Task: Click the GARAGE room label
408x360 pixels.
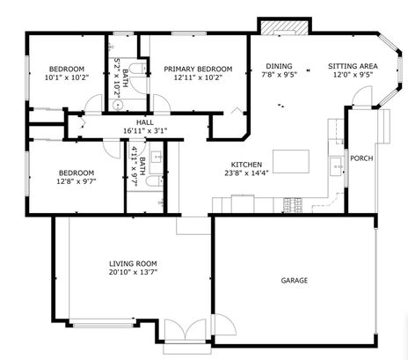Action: pos(294,281)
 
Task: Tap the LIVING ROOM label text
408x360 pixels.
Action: pos(133,263)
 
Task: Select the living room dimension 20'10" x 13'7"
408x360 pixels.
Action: pos(133,273)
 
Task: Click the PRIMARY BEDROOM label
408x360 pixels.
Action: pos(198,69)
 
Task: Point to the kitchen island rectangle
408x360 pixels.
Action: pos(292,161)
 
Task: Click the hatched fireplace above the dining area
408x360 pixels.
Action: pos(283,27)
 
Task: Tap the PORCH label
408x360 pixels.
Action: pos(361,158)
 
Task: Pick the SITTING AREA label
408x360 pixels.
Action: pos(353,66)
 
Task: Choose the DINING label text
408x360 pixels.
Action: pos(279,66)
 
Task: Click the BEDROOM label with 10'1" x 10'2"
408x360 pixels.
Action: pos(66,69)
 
